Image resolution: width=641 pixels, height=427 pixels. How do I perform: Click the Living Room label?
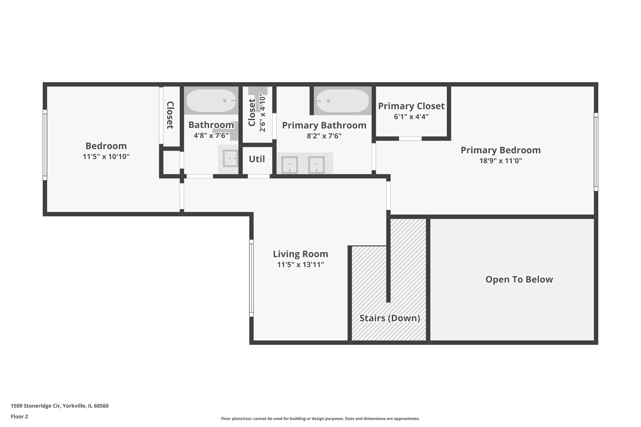pos(300,254)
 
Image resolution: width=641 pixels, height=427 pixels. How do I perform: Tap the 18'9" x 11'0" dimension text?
pos(501,161)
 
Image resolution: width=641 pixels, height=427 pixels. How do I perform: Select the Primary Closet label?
pos(411,106)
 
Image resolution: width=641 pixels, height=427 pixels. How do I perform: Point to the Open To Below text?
pos(519,280)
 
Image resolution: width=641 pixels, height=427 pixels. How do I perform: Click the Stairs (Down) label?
pos(389,318)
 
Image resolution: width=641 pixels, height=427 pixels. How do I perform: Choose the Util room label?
pos(257,159)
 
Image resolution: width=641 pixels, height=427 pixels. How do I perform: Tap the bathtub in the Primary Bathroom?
pos(343,101)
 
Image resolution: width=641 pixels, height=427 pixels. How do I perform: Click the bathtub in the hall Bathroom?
pos(211,101)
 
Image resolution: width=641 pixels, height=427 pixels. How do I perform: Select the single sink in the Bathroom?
pos(230,158)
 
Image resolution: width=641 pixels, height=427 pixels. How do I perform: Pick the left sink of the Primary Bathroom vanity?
pos(290,165)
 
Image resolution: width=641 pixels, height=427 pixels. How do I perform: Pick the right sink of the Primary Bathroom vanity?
pos(316,165)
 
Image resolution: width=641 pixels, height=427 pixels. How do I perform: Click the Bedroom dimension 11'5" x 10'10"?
pos(106,157)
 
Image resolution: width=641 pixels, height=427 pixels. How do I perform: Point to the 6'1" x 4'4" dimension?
pos(411,117)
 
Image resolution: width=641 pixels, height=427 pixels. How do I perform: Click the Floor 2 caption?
pos(19,416)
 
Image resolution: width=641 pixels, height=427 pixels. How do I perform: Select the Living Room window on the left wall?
pos(251,278)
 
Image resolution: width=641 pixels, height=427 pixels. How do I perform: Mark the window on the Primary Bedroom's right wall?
pos(596,152)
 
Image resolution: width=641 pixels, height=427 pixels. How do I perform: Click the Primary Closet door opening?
pos(410,139)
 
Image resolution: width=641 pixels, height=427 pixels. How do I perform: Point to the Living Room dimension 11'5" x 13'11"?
pos(300,265)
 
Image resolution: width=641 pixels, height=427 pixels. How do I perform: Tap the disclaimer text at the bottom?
pos(320,418)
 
